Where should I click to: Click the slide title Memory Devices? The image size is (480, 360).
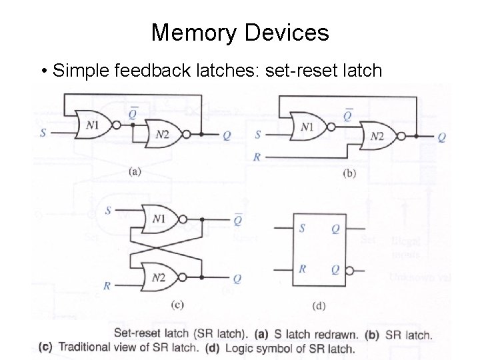(x=239, y=32)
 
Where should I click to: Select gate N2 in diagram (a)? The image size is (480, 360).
(x=163, y=134)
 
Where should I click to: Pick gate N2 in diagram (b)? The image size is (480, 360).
(x=376, y=136)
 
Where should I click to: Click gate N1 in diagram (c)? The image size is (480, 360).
(x=158, y=218)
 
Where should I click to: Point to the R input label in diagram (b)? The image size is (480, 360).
(x=257, y=157)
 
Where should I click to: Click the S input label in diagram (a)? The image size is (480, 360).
(x=43, y=133)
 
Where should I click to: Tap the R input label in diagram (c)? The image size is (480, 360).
(x=106, y=285)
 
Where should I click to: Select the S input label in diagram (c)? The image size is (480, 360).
(x=108, y=211)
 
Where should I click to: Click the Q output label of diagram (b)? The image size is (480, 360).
(x=442, y=137)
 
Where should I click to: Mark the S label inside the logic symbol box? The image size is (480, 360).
(x=302, y=228)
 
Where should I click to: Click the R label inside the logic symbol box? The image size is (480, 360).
(x=302, y=269)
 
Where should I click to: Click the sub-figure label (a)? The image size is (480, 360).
(x=135, y=171)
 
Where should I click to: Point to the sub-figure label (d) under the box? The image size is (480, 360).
(x=319, y=306)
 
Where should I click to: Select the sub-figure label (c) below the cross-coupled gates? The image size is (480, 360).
(x=177, y=305)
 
